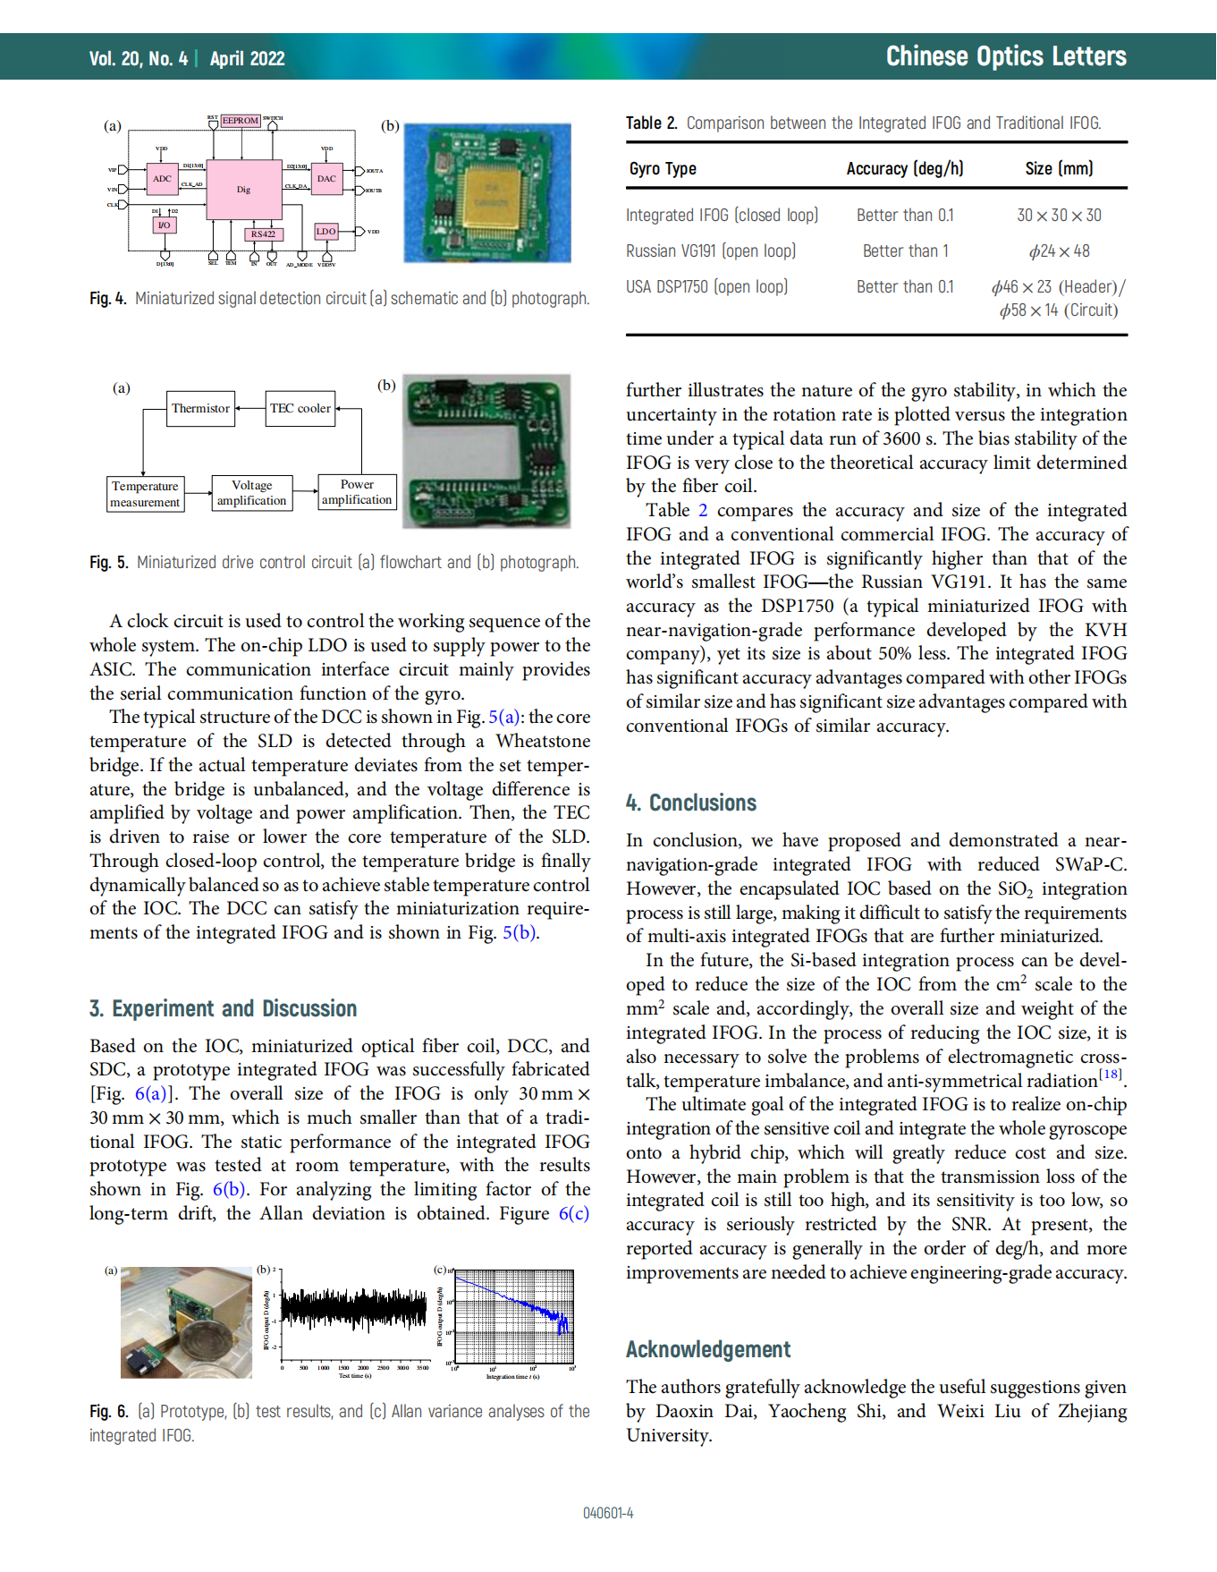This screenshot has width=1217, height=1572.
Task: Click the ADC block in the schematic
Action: pos(162,179)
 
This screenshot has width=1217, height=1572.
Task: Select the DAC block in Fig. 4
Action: pos(326,179)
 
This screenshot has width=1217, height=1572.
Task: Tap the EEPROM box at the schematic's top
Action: pos(241,121)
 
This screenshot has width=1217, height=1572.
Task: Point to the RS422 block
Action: pos(263,234)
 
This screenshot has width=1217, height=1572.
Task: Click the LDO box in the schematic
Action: pos(325,231)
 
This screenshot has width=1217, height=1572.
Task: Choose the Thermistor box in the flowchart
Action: pos(200,409)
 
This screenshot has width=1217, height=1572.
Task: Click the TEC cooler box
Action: pos(300,409)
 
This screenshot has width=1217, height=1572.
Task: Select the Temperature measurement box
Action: pos(145,494)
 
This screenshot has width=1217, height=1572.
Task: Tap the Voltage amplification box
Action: pos(251,493)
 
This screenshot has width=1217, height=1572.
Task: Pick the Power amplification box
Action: pos(357,492)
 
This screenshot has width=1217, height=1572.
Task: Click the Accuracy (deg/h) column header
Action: pos(904,169)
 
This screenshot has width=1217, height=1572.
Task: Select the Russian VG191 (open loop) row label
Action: pos(711,251)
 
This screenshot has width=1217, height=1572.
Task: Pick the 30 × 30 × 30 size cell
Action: pos(1059,216)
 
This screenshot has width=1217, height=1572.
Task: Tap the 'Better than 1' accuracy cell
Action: pos(905,251)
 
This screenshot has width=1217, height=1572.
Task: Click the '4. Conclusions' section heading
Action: pos(691,803)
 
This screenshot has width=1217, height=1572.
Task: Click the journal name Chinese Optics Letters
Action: pos(1005,56)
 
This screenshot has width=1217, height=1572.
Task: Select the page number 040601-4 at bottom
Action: pos(608,1513)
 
